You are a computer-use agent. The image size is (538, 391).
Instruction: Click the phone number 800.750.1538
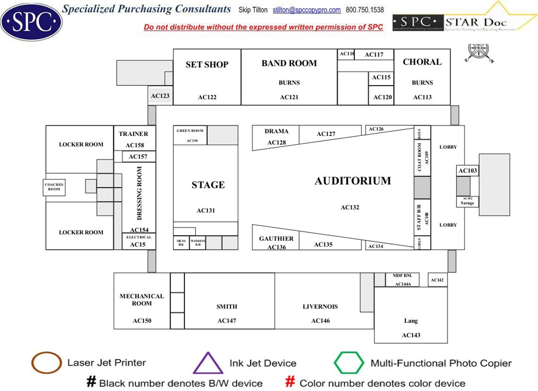(365, 10)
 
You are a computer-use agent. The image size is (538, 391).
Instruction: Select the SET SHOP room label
(207, 65)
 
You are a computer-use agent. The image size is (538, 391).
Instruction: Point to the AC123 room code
(160, 96)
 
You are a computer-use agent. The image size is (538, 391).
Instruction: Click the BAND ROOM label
(289, 63)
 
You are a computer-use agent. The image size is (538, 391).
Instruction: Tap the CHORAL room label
(422, 62)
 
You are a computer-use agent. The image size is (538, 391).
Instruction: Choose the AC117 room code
(374, 55)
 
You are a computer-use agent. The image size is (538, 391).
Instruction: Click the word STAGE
(208, 185)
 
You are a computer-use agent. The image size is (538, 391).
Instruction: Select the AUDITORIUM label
(353, 181)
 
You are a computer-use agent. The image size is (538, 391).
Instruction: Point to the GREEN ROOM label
(190, 131)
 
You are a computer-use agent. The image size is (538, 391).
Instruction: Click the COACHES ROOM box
(54, 187)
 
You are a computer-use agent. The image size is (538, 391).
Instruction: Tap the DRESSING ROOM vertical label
(140, 193)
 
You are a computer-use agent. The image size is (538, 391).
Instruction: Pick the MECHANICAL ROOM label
(142, 299)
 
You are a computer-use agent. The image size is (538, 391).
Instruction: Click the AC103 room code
(468, 170)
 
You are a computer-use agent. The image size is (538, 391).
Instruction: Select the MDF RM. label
(403, 276)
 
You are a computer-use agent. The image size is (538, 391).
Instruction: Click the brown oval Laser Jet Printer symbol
(46, 363)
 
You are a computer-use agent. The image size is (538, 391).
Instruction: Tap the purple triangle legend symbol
(208, 363)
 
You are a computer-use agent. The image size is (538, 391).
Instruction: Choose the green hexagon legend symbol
(349, 363)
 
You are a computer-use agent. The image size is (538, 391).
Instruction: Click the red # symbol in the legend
(291, 382)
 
